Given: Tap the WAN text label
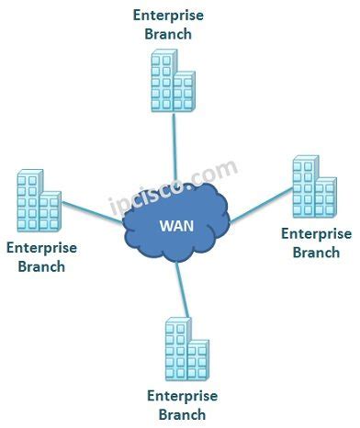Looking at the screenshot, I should (175, 226).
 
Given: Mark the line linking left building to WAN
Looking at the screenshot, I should (92, 218).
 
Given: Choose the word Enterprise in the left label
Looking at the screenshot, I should (41, 249).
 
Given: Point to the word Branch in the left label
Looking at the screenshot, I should (41, 267).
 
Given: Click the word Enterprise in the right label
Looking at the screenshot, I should (316, 233).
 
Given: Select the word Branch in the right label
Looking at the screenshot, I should (316, 252).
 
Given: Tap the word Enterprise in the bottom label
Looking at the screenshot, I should (182, 396).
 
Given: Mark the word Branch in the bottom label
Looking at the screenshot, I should (182, 414).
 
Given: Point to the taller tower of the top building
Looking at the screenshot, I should (166, 78).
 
